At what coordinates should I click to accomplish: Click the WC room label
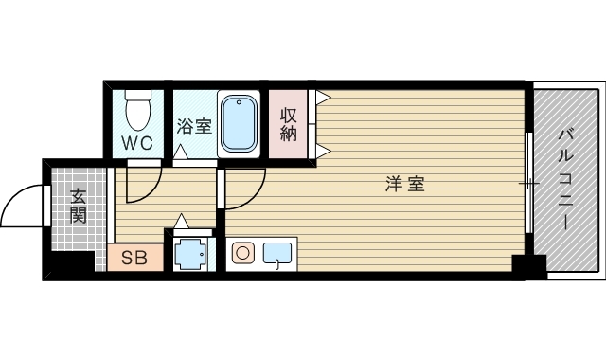coord(137,143)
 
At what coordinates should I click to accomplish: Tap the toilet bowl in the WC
coord(137,110)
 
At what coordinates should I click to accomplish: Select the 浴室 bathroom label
coord(194,126)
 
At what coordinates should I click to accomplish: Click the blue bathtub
coord(239,124)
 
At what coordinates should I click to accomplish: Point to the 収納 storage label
coord(288,124)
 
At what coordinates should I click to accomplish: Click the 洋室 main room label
coord(405,184)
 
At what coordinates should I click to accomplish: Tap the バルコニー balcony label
coord(566,180)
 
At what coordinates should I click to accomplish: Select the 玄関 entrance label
coord(78,207)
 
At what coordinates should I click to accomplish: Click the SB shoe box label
coord(134,258)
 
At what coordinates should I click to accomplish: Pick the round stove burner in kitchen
coord(243,253)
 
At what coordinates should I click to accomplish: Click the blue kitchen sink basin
coord(277,253)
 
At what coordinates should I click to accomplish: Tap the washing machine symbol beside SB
coord(189,254)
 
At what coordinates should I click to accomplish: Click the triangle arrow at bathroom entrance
coord(181,152)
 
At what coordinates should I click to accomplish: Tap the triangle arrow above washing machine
coord(181,221)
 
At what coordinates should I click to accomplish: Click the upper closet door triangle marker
coord(324,97)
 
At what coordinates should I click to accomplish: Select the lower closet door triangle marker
coord(324,152)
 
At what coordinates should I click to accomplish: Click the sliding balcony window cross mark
coord(529,183)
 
